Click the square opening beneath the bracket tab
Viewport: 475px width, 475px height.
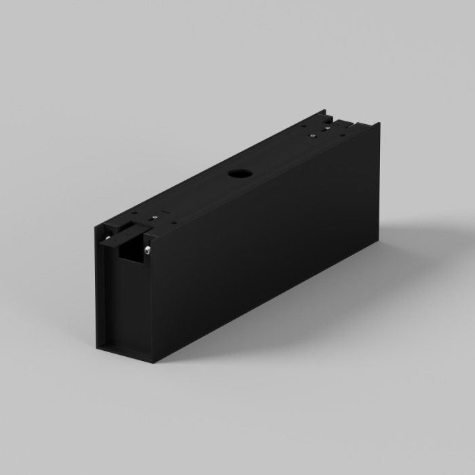129,252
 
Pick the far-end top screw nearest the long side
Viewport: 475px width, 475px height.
328,127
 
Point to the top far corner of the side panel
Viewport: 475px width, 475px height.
379,124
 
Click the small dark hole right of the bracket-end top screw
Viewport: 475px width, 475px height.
174,221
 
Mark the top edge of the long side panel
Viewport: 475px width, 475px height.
265,180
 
